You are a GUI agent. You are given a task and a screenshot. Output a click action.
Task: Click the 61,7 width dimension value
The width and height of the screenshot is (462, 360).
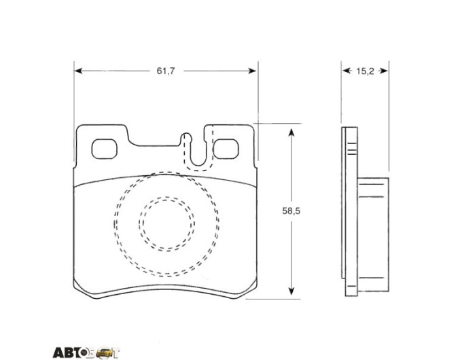[x=166, y=71]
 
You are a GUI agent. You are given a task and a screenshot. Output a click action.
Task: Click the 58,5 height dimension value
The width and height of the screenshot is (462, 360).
[x=291, y=211]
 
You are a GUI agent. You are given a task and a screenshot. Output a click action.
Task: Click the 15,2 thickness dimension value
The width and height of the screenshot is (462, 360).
[x=365, y=71]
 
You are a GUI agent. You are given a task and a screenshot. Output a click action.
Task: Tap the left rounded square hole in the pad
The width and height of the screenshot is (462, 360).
[x=105, y=149]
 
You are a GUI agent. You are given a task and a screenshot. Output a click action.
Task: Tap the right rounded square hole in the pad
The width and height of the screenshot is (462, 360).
[x=226, y=149]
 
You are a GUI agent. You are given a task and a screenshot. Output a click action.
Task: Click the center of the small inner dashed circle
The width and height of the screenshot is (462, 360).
[x=166, y=224]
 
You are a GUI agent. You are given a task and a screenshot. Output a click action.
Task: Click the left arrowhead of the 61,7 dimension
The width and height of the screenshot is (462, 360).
[x=78, y=71]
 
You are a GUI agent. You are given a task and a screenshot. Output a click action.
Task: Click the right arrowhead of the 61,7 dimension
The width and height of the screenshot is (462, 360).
[x=253, y=71]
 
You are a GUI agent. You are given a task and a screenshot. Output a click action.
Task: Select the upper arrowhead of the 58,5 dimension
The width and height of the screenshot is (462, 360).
[x=291, y=132]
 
